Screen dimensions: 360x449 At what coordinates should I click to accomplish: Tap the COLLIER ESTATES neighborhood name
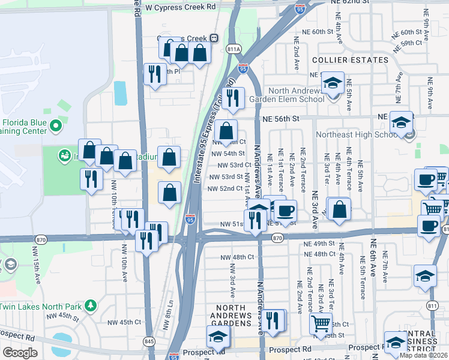pyautogui.click(x=350, y=60)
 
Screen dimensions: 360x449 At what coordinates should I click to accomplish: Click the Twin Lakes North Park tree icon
pyautogui.click(x=90, y=306)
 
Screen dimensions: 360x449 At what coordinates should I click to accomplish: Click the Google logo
pyautogui.click(x=20, y=353)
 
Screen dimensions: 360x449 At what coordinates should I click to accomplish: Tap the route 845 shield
pyautogui.click(x=148, y=341)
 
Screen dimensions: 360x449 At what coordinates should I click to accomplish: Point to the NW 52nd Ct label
pyautogui.click(x=224, y=188)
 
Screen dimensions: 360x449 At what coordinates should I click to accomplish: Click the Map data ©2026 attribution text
pyautogui.click(x=424, y=355)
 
